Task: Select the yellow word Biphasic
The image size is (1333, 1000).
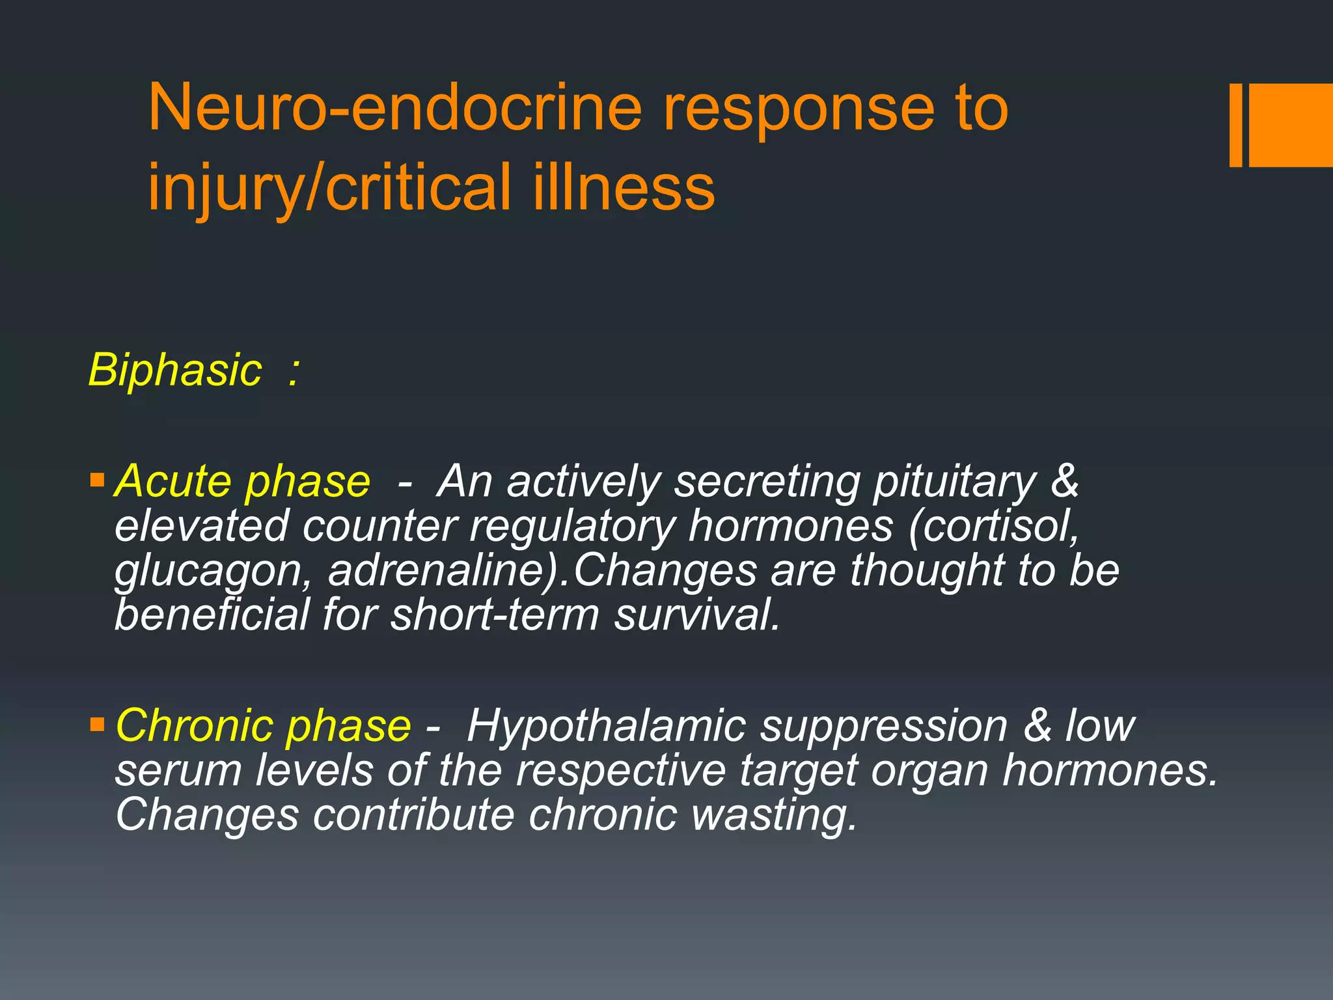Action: [x=174, y=370]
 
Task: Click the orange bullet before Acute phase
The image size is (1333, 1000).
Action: [x=98, y=481]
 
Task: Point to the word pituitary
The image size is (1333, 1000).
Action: [x=954, y=483]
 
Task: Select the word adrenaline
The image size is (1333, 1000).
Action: [x=442, y=570]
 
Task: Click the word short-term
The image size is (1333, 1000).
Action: [x=495, y=615]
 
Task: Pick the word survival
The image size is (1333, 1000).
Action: [x=696, y=615]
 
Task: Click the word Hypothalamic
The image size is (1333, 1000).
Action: [x=606, y=726]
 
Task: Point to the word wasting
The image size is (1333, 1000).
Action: [x=774, y=815]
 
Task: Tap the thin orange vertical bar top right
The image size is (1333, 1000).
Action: [x=1236, y=125]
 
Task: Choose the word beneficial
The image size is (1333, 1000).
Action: [x=212, y=615]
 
